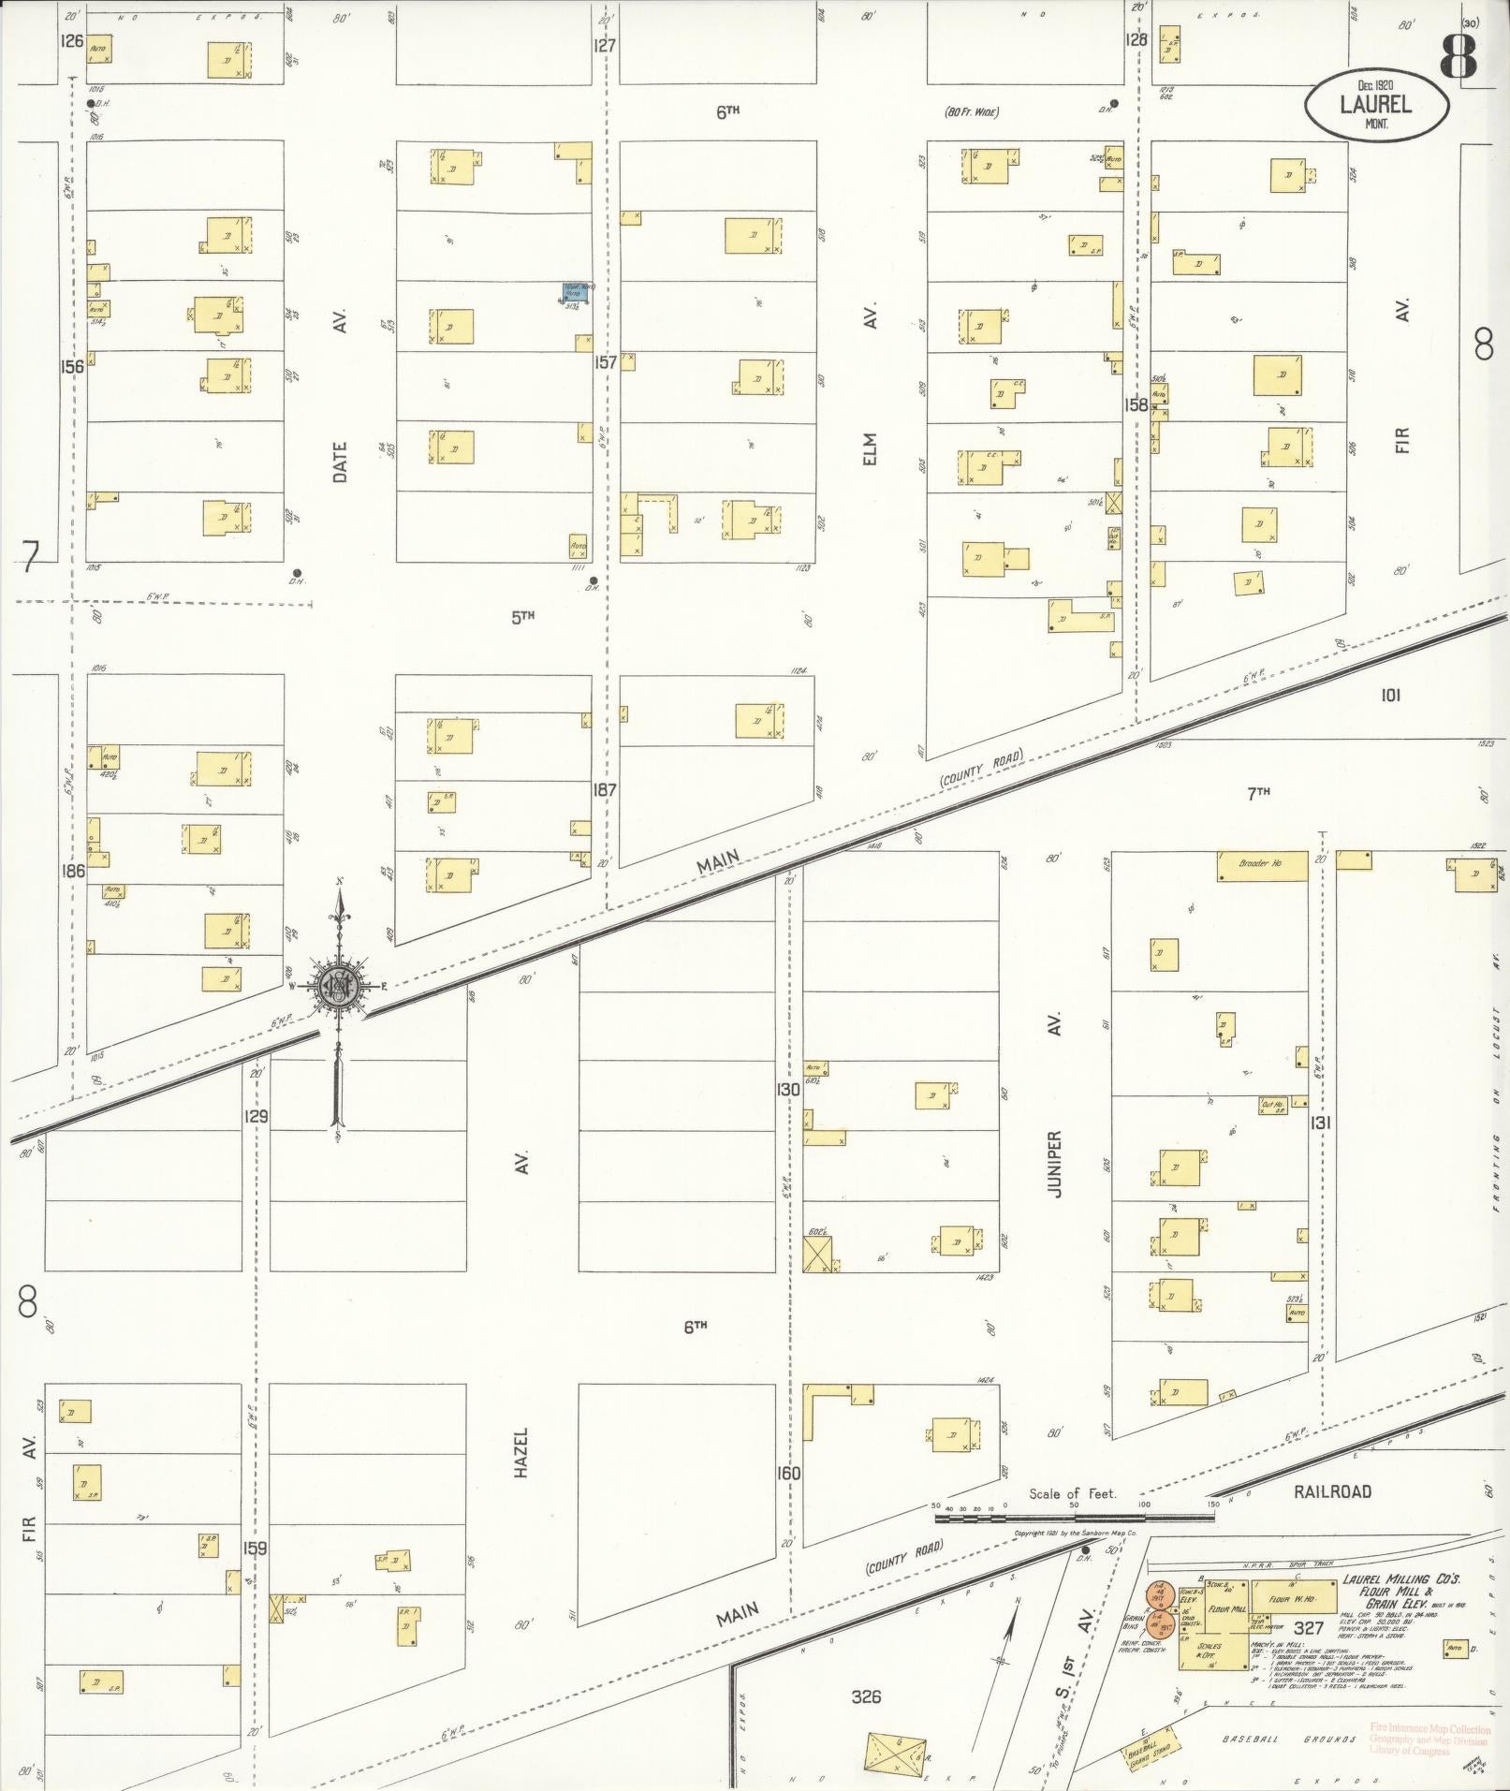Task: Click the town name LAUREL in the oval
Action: point(1375,106)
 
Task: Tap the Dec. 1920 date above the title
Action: point(1376,85)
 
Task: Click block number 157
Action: point(606,362)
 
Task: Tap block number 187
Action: point(605,790)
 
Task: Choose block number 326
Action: point(867,1696)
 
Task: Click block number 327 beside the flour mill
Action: point(1308,1629)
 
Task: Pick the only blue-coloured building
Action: point(576,292)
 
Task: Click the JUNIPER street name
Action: point(1054,1166)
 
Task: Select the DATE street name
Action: point(340,462)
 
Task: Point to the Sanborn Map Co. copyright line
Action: point(1076,1534)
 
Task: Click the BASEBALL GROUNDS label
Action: point(1289,1740)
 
